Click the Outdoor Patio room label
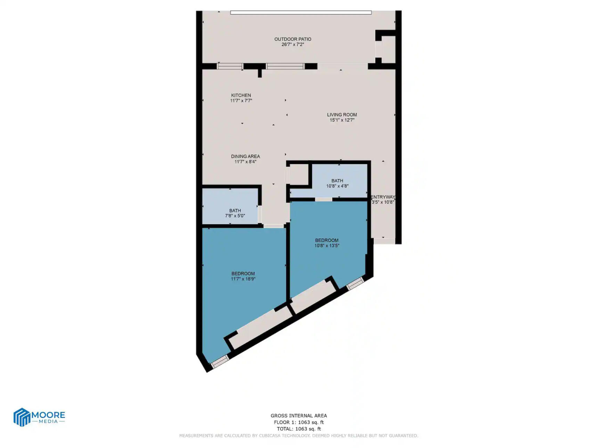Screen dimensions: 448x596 click(x=293, y=39)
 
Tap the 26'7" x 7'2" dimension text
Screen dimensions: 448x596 click(x=293, y=44)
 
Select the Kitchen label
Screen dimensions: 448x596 click(x=241, y=95)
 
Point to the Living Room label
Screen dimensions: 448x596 click(x=342, y=115)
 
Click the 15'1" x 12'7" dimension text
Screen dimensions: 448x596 click(x=342, y=120)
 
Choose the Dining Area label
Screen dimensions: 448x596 click(x=245, y=156)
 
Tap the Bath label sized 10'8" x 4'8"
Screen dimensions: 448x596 click(x=337, y=181)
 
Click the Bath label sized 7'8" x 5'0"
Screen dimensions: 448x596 click(x=235, y=210)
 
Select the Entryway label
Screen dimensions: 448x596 click(x=383, y=197)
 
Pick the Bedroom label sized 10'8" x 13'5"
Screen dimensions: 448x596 click(x=327, y=240)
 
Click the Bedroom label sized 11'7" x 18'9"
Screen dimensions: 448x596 click(x=243, y=274)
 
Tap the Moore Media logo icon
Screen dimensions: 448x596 click(x=22, y=417)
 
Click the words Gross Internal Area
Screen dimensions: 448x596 click(x=299, y=415)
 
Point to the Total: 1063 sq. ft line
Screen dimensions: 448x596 click(x=299, y=429)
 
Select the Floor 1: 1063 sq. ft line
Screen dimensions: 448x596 click(x=299, y=422)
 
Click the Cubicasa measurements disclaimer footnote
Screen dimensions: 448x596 click(x=299, y=435)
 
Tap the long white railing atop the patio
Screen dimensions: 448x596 click(x=301, y=13)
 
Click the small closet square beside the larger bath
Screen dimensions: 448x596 click(x=299, y=175)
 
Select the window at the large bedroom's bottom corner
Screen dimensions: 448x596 click(x=220, y=362)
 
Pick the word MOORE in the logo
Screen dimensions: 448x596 click(x=48, y=415)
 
